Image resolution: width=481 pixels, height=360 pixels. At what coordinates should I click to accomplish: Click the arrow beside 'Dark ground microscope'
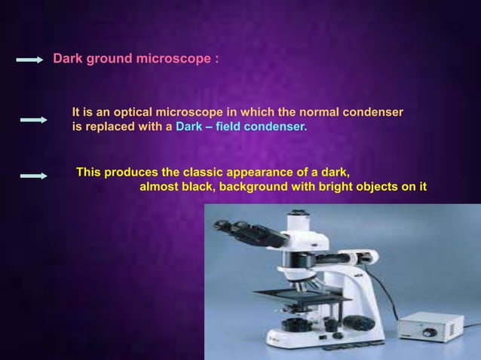(x=30, y=59)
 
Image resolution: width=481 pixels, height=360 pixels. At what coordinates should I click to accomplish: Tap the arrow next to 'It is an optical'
(x=33, y=119)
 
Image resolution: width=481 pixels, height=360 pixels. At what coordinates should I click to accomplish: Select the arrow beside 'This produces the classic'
(x=33, y=175)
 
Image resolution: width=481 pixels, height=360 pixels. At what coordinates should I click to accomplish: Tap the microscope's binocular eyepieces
(x=236, y=227)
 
